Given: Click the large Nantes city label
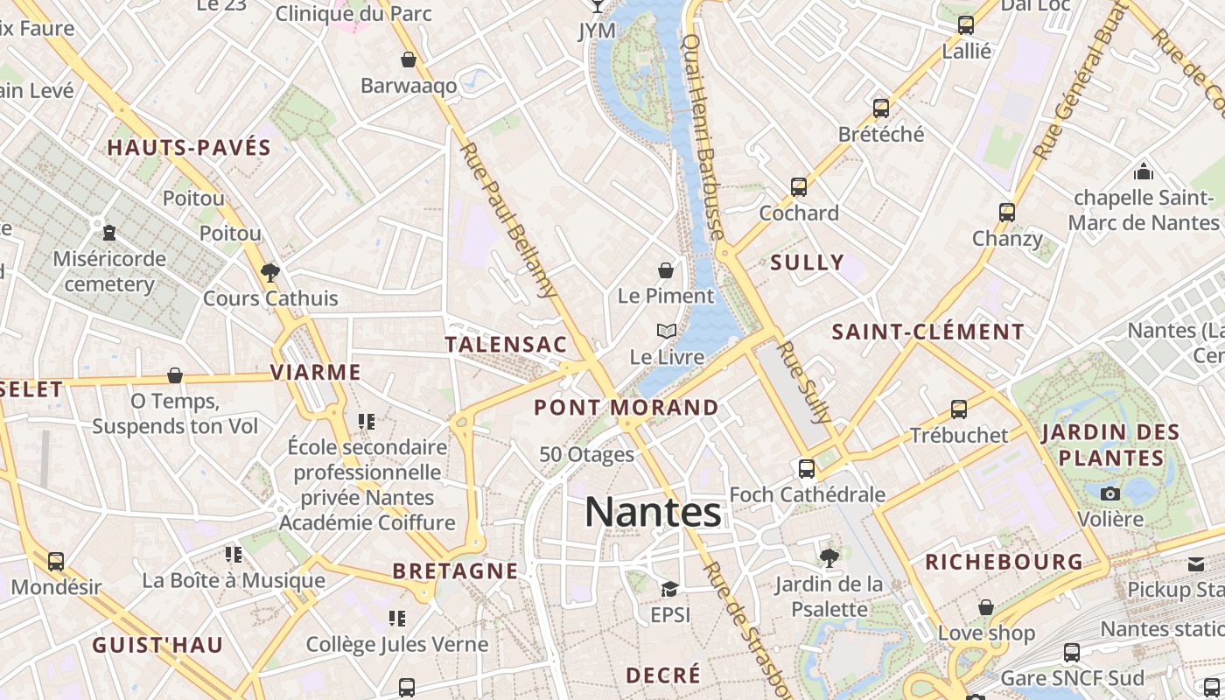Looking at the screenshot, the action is [x=653, y=512].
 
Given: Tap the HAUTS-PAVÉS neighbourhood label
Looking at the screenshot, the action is [x=189, y=147].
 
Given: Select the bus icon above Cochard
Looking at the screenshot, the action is [x=799, y=187].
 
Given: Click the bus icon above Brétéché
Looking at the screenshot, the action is [x=881, y=108].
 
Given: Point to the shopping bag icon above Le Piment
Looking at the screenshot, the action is [x=666, y=269].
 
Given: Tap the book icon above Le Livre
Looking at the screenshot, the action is [x=667, y=331].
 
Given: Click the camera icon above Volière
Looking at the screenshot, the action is [x=1110, y=493].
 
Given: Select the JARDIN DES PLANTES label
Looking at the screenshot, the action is [x=1111, y=444].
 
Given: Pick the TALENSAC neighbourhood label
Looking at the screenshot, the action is [x=507, y=345].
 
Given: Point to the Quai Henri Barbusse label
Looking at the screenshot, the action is [x=702, y=136].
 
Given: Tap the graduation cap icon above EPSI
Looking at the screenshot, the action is [x=670, y=589].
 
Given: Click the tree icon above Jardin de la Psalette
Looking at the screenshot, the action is [x=829, y=557].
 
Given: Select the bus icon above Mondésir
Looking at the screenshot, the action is [x=56, y=561].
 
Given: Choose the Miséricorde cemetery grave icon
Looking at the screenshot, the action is [x=109, y=233].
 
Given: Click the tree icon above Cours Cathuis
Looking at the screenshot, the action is [x=270, y=272].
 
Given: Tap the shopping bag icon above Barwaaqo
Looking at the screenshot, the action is [x=409, y=59].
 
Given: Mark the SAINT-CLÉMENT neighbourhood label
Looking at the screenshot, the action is [x=927, y=332].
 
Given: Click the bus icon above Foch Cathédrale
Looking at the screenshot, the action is [x=807, y=468].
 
